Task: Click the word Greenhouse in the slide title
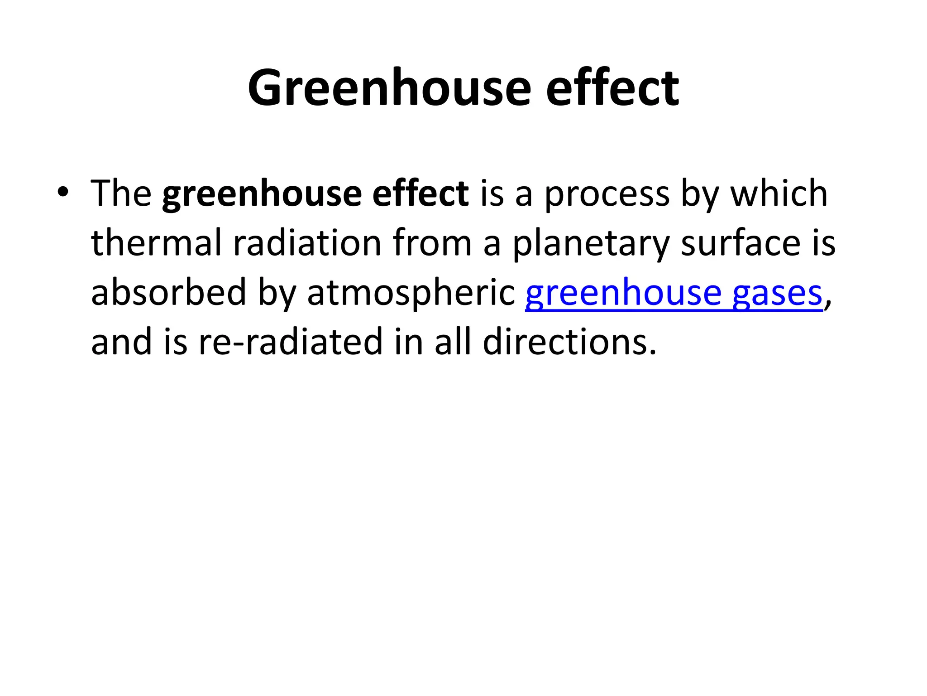pyautogui.click(x=389, y=87)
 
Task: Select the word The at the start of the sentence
pyautogui.click(x=121, y=193)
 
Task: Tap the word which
pyautogui.click(x=779, y=193)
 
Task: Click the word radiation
pyautogui.click(x=307, y=243)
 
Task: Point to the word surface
pyautogui.click(x=741, y=243)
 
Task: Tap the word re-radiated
pyautogui.click(x=291, y=342)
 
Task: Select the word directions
pyautogui.click(x=569, y=342)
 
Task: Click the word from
pyautogui.click(x=432, y=243)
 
